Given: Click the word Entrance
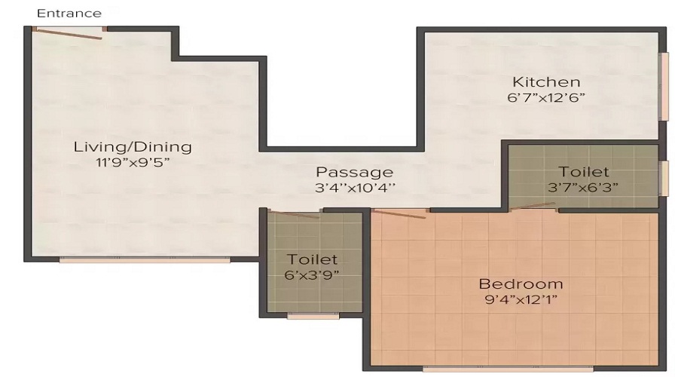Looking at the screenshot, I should pos(69,13).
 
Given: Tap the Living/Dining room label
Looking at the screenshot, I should pos(132,146).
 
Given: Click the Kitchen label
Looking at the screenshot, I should pos(546,81).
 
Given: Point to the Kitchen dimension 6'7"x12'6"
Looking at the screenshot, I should pos(546,97).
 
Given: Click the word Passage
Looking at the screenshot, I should pos(354,172).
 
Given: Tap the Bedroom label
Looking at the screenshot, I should pos(521,284).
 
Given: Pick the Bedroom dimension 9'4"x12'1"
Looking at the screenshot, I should pos(521,299).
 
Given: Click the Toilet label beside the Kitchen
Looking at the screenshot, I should pos(584,173).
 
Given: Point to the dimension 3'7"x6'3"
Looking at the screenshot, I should pos(584,188).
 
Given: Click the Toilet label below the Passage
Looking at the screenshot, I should pos(312,259).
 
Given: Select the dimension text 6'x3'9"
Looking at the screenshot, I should pos(312,274).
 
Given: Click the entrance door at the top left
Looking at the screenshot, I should pos(68,32).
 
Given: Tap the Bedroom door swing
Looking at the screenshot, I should pos(399,213).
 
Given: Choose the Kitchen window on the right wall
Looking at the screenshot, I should pos(664,87).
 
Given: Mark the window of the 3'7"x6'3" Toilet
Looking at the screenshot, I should pos(664,179).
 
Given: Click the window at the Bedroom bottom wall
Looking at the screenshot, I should pos(508,369).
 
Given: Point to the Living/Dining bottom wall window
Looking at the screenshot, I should pos(145,260).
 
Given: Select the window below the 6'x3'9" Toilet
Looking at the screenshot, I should pos(313,316).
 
